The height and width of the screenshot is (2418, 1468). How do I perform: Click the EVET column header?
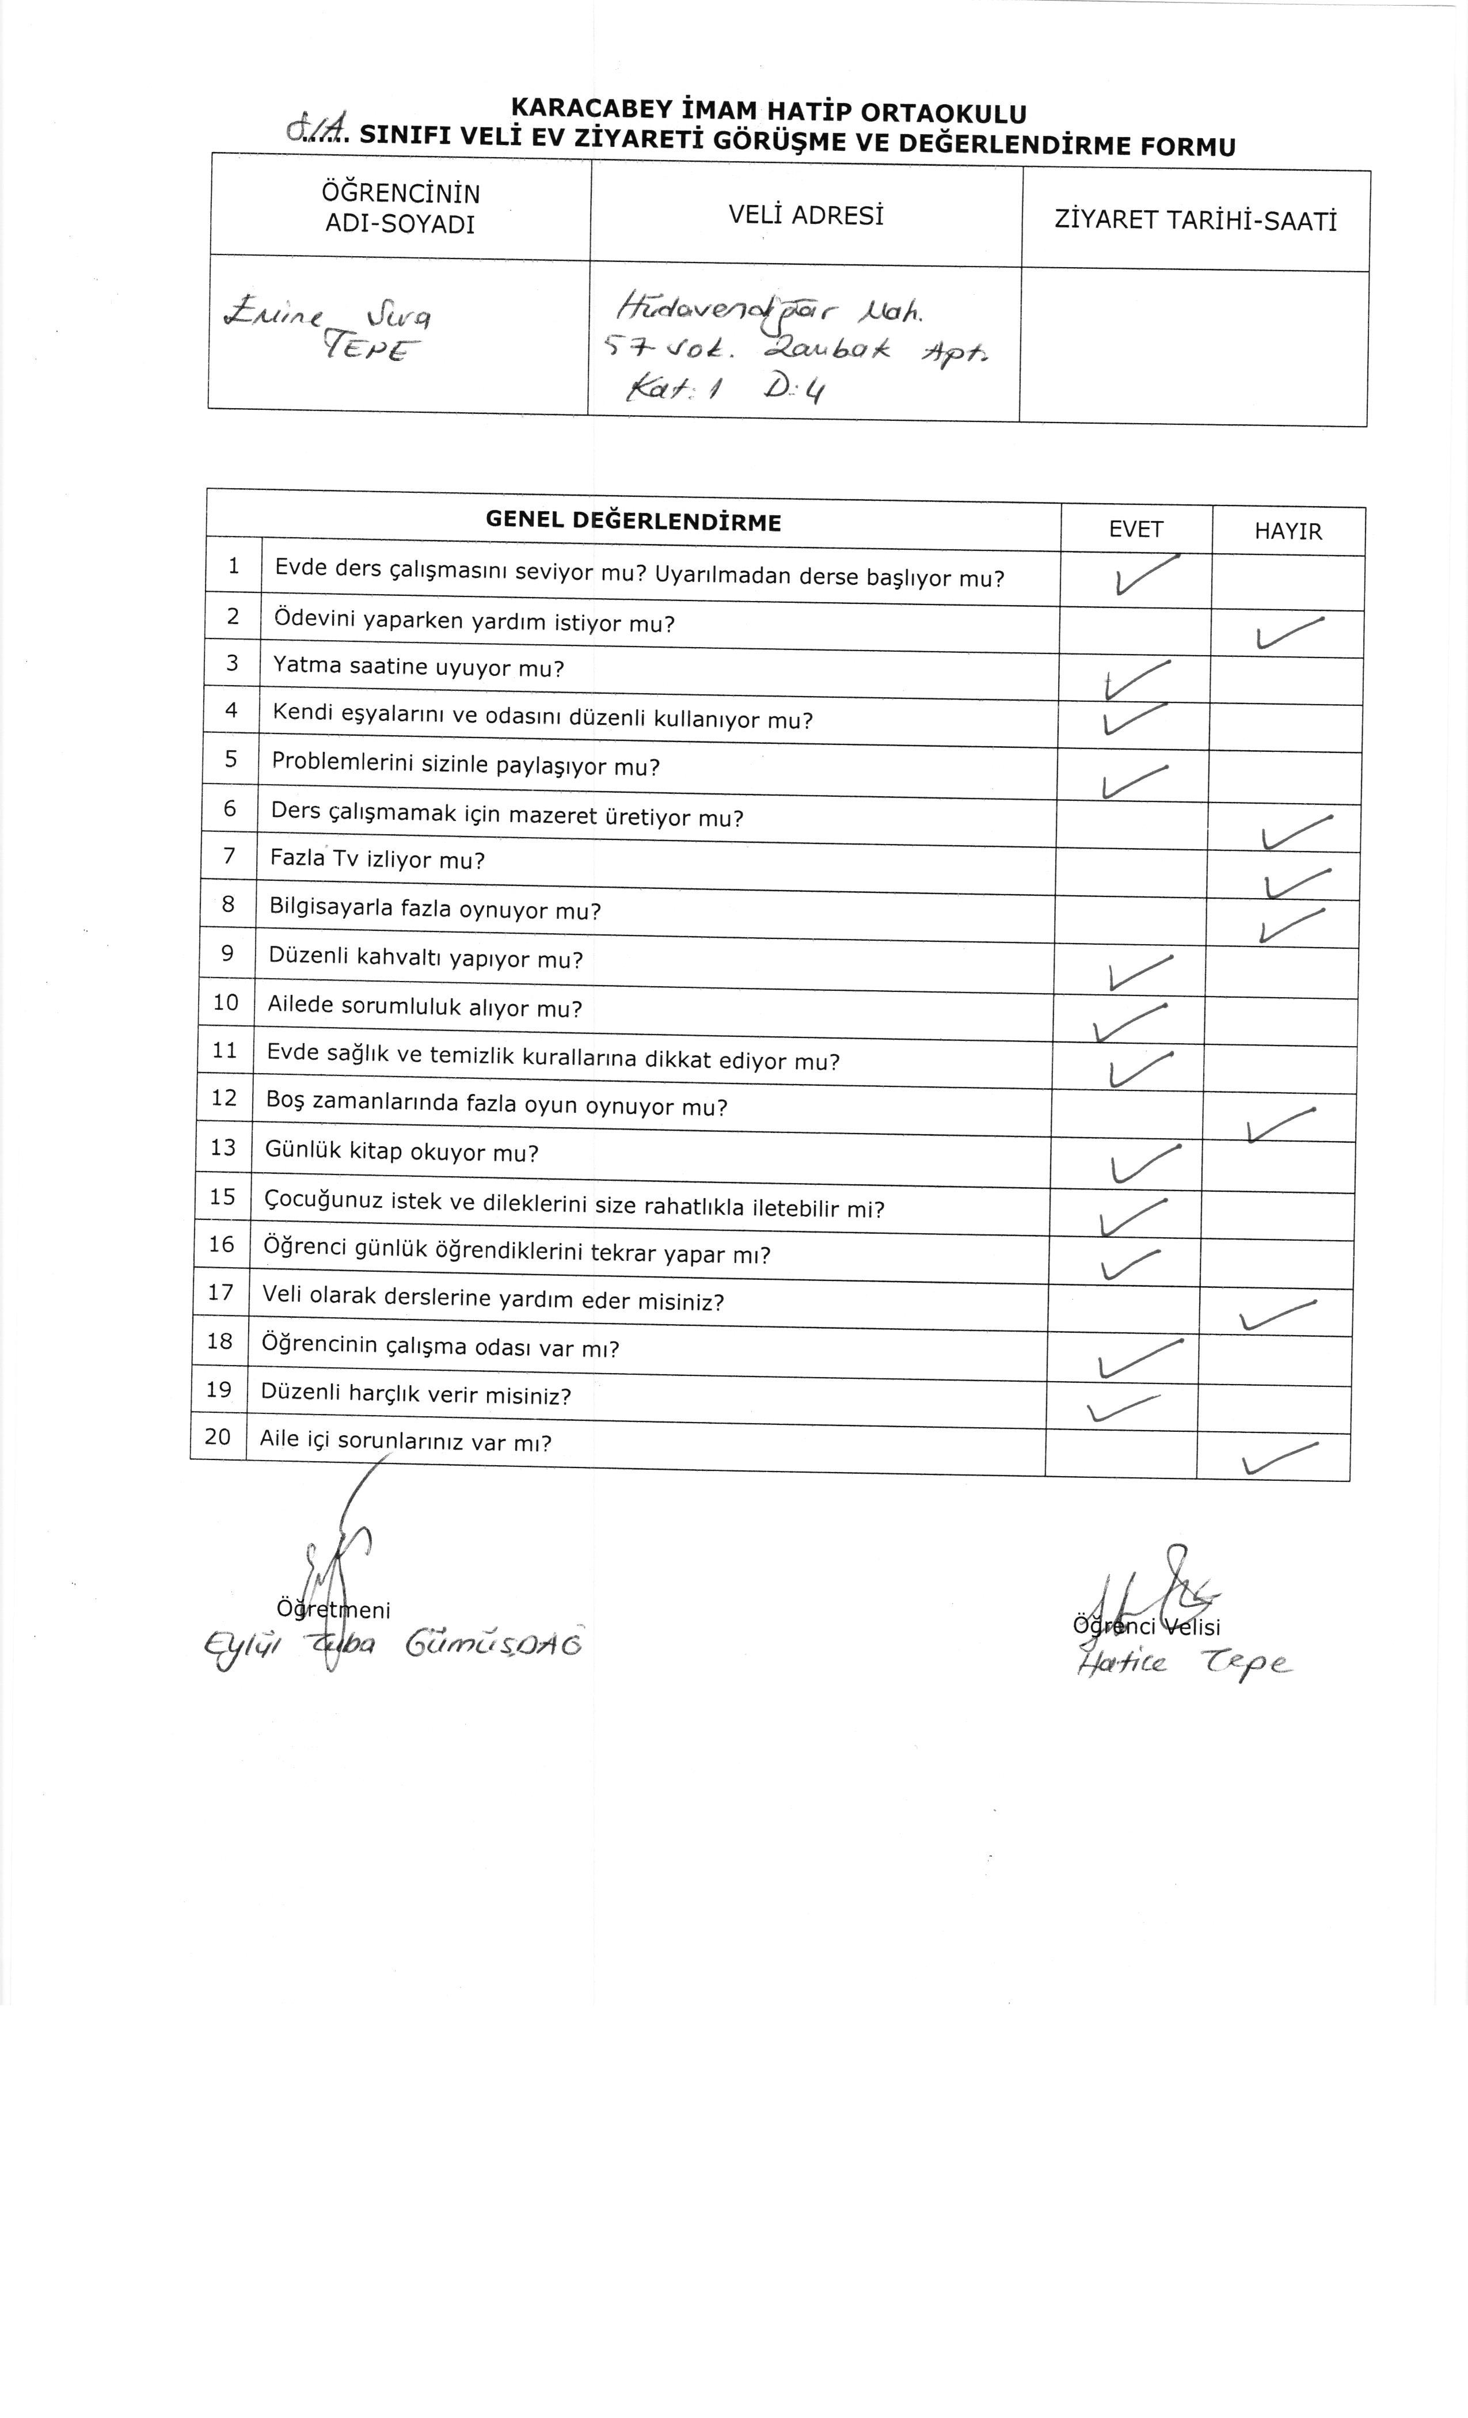(x=1135, y=530)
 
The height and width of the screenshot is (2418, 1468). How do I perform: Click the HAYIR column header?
(x=1287, y=532)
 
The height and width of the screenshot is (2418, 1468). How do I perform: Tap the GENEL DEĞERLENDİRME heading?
(x=633, y=522)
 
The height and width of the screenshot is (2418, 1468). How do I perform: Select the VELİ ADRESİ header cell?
(x=805, y=215)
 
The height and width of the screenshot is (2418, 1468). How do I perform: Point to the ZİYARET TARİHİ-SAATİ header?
(x=1195, y=221)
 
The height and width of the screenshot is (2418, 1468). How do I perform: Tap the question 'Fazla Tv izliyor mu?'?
(x=378, y=860)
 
